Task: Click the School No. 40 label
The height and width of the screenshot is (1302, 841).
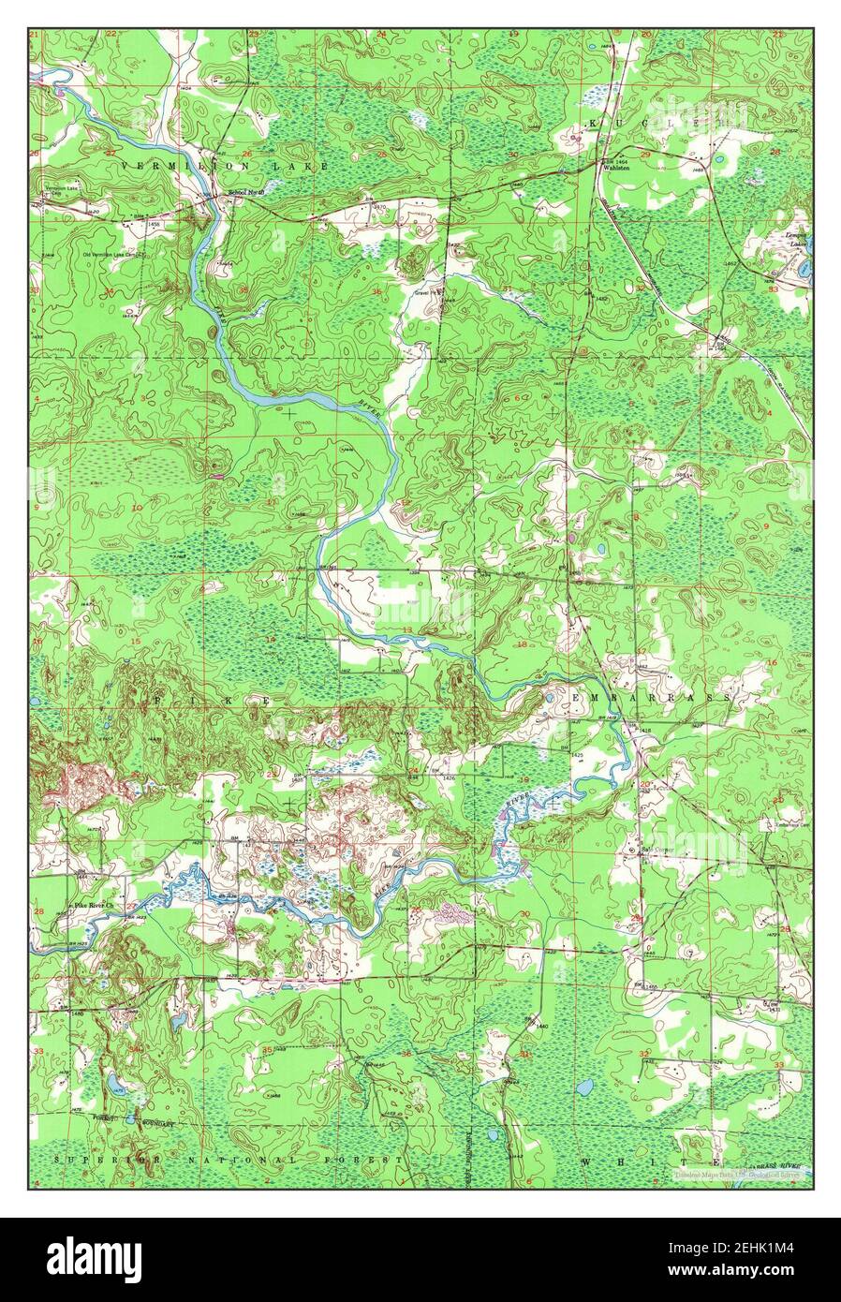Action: pos(247,194)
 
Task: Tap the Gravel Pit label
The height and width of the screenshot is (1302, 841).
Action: pos(428,291)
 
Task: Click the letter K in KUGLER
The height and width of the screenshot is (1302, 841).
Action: pos(591,124)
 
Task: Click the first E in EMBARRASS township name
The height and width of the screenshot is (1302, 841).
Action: pos(572,699)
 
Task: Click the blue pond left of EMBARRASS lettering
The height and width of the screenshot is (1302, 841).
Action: pos(548,698)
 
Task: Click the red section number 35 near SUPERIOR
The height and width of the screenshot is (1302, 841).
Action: pos(268,1050)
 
